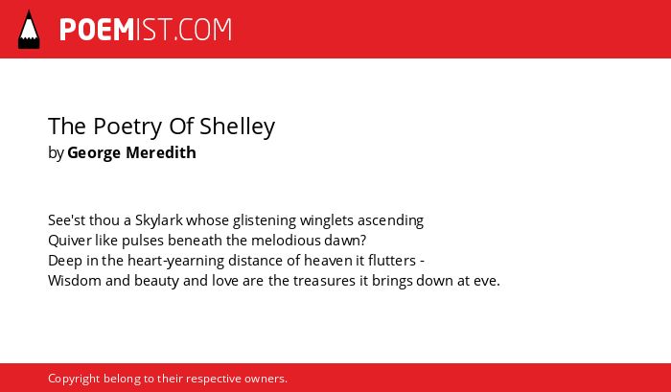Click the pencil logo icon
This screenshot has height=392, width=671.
click(29, 30)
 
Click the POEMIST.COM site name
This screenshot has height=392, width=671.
click(146, 30)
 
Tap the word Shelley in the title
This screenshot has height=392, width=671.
click(237, 127)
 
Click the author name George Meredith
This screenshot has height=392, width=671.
click(132, 152)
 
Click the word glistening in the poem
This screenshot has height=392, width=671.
click(265, 220)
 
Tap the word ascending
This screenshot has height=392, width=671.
click(390, 220)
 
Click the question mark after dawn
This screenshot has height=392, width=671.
click(363, 241)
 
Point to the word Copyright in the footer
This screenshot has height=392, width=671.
click(74, 379)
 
